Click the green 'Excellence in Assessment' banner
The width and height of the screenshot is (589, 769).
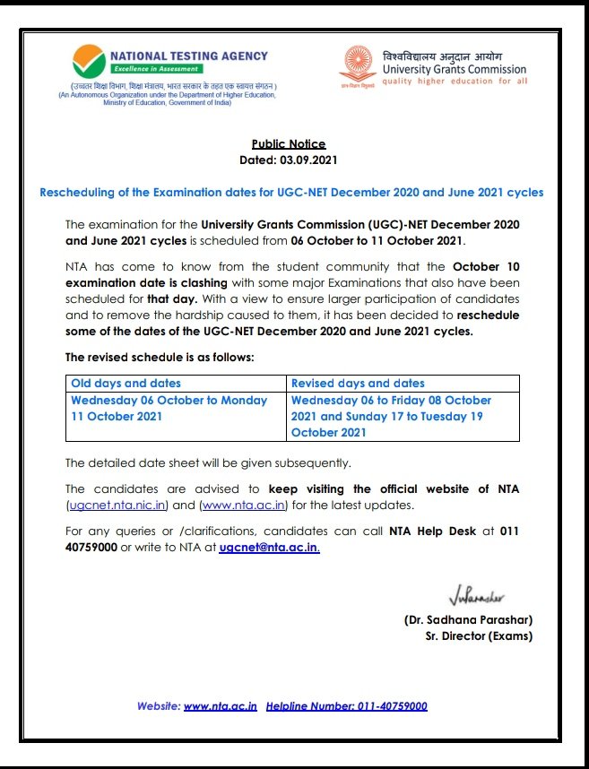(157, 69)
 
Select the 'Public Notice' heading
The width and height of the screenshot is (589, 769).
(289, 143)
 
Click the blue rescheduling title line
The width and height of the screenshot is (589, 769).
(292, 193)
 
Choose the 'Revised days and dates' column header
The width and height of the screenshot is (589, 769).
(358, 383)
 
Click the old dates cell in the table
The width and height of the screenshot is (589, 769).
(169, 408)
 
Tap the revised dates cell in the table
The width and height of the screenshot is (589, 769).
(392, 416)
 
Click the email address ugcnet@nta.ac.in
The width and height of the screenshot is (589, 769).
(268, 547)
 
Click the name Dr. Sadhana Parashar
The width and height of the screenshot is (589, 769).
(468, 620)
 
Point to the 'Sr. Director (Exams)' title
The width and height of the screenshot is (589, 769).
(479, 636)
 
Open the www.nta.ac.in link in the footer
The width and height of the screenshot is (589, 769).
(221, 706)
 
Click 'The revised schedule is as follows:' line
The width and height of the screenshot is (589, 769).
(160, 357)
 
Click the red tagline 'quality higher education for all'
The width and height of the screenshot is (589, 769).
(454, 82)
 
